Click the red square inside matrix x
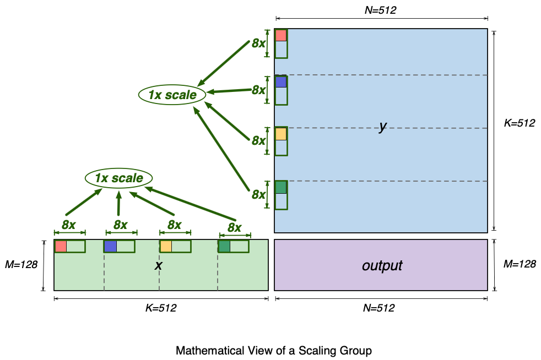pos(61,247)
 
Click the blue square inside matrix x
pos(110,247)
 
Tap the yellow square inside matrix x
pos(166,247)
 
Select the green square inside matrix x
pos(224,247)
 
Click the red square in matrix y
pos(281,36)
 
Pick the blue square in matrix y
pos(281,82)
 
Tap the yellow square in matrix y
pos(281,134)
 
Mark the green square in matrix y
pos(281,187)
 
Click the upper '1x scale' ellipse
pos(172,95)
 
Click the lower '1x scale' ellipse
pos(118,178)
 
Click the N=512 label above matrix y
pos(380,9)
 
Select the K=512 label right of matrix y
pos(520,123)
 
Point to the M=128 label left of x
pos(21,264)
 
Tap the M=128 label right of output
pos(520,264)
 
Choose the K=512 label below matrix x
pos(160,308)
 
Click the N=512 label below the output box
pos(380,308)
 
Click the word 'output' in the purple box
pos(382,265)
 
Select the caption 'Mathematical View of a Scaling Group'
pos(274,350)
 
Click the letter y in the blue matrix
pos(382,127)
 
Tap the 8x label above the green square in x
pos(235,227)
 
